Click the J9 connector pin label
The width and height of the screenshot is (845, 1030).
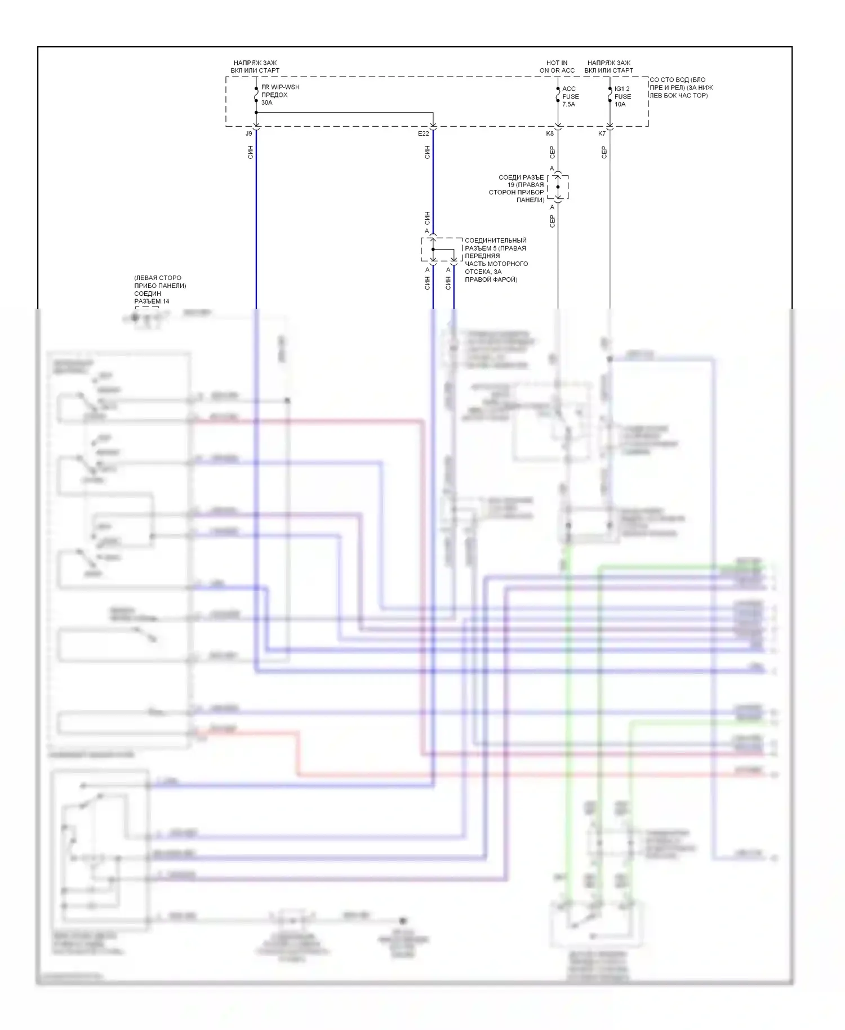point(249,134)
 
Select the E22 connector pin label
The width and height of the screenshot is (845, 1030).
point(423,134)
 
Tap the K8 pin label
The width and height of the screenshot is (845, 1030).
point(550,134)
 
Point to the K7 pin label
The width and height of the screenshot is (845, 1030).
point(602,134)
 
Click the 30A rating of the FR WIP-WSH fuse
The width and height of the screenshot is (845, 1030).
point(266,103)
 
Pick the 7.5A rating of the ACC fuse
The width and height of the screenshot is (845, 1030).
point(568,104)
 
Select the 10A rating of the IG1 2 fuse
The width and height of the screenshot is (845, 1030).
point(620,104)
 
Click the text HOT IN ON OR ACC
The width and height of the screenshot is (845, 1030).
point(557,66)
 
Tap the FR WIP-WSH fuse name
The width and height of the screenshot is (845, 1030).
point(281,87)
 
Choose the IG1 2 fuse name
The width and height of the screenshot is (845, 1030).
point(622,88)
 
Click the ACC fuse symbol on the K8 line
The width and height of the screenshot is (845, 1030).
point(558,96)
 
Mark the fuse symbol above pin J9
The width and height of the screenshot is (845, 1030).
point(256,96)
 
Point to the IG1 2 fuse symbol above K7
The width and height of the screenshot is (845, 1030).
point(610,96)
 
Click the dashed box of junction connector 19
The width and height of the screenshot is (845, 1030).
point(558,187)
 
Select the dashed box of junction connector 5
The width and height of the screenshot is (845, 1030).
point(442,249)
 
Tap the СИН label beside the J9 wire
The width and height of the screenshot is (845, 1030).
point(251,152)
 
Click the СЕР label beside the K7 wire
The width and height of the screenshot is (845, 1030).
point(604,152)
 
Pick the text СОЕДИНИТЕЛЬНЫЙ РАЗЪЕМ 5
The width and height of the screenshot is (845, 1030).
point(496,245)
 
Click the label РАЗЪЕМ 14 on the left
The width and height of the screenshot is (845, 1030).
point(152,301)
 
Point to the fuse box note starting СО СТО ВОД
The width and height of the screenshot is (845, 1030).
point(681,87)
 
